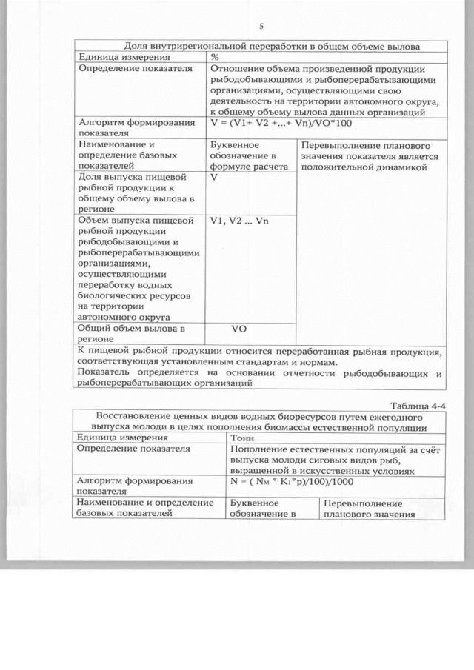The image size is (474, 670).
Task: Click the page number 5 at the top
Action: click(x=261, y=27)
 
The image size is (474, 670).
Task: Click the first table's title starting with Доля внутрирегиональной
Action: click(x=261, y=46)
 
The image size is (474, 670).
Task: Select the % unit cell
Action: click(x=215, y=56)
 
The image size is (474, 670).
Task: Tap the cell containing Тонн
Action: click(x=244, y=438)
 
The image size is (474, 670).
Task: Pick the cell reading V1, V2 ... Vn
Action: click(x=238, y=221)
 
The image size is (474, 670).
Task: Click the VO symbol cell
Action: click(x=239, y=327)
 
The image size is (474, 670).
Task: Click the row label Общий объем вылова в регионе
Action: click(x=130, y=332)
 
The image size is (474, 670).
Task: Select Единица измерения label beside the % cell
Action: click(x=123, y=56)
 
